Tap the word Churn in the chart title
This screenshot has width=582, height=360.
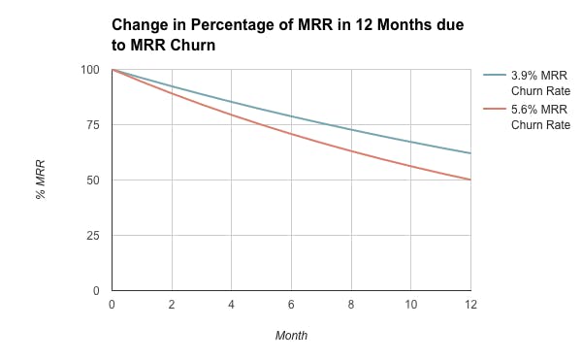(190, 44)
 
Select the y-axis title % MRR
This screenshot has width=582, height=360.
(41, 180)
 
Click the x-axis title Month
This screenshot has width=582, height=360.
(291, 336)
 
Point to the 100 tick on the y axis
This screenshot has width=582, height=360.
(90, 70)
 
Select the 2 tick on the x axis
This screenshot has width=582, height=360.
(172, 305)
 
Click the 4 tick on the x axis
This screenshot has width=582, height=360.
(232, 305)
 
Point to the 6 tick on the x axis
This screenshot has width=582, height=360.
(291, 305)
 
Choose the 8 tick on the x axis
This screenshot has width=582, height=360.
(351, 305)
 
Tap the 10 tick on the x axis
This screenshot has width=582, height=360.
(410, 305)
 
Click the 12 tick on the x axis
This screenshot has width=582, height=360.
(470, 305)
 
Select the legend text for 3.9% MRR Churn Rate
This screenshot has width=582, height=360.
(533, 83)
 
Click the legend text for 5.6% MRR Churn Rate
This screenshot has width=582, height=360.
(533, 117)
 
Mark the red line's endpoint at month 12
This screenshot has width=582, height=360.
(470, 180)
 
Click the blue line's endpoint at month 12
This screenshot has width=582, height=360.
(470, 153)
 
